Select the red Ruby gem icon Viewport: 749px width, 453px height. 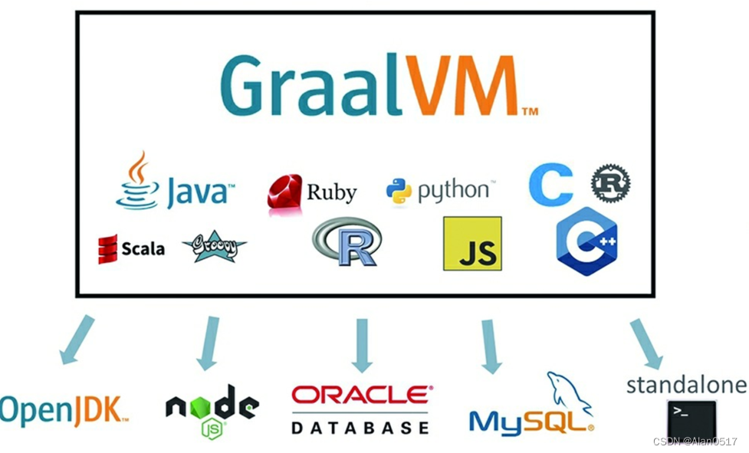[284, 192]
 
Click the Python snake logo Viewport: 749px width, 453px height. [399, 190]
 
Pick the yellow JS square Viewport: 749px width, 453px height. [472, 244]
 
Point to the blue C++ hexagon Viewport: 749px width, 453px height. [587, 241]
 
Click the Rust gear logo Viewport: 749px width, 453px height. [610, 184]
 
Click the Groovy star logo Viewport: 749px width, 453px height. [214, 247]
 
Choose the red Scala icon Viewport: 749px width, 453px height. [107, 249]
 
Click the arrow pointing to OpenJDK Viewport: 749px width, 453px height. [77, 340]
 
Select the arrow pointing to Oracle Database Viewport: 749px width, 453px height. [362, 345]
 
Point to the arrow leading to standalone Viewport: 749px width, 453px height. [646, 344]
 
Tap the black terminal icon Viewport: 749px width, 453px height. [691, 419]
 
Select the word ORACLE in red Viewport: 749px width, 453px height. [362, 395]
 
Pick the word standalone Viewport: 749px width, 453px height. [686, 384]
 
